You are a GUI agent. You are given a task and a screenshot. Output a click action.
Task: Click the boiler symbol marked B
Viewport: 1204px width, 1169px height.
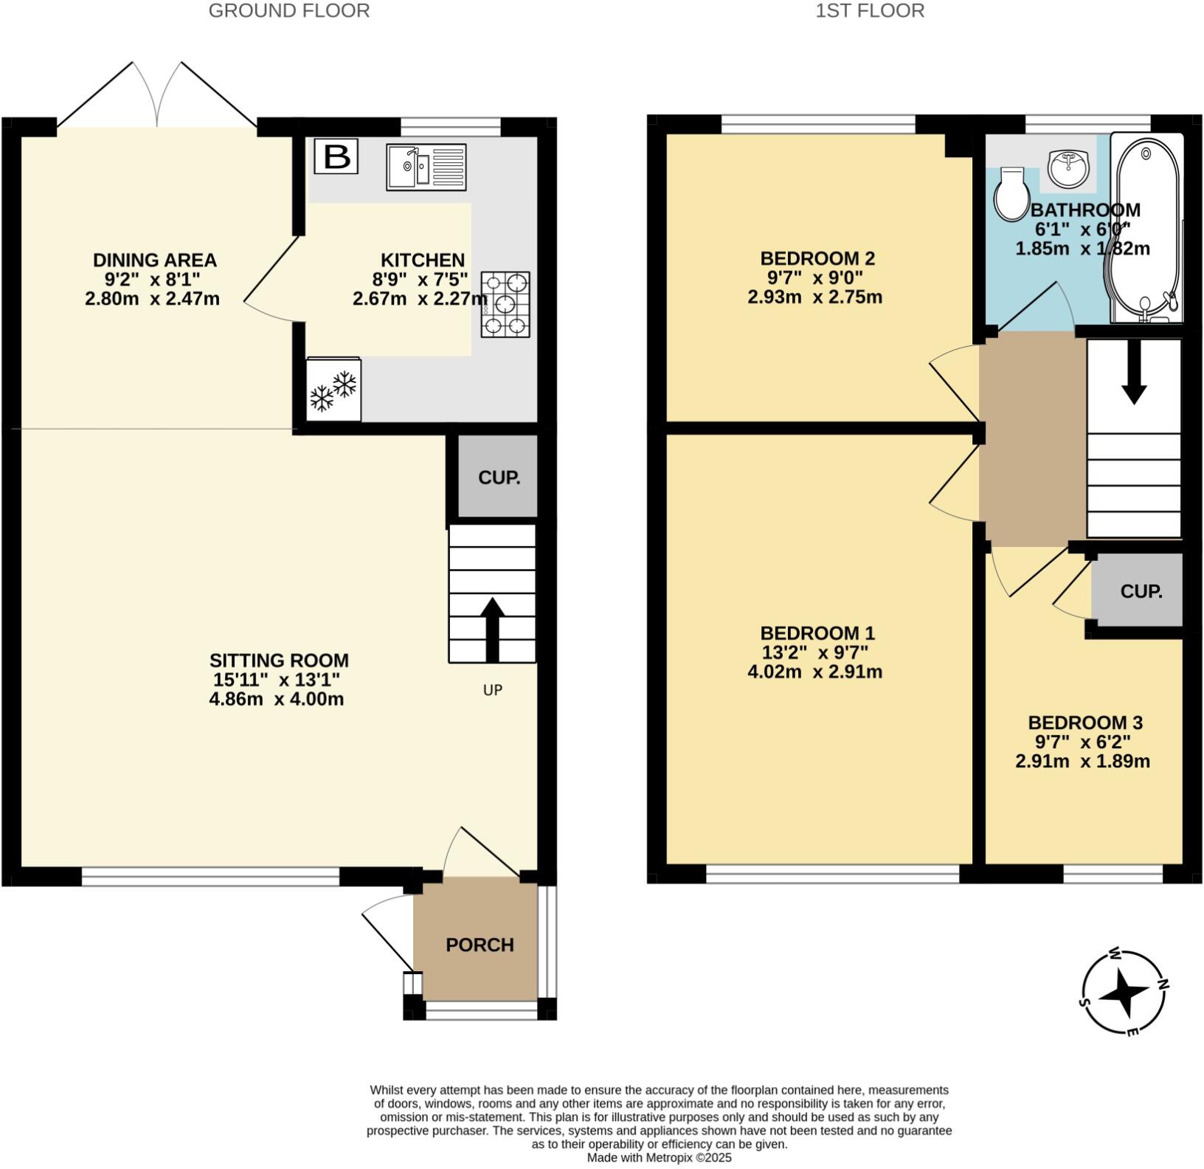336,156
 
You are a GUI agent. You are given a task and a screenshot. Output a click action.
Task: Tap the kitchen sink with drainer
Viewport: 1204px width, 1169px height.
426,168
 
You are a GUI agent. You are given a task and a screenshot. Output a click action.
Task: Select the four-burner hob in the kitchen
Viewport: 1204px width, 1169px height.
505,304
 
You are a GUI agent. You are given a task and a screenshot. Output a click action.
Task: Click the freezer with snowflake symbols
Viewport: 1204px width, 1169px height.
333,390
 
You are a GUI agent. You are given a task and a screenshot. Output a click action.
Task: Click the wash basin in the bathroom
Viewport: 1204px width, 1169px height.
1067,167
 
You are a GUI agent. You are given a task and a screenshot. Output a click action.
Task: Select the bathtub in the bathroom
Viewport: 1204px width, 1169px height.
1146,229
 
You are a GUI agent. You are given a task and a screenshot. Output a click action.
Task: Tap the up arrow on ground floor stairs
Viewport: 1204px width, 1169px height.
492,629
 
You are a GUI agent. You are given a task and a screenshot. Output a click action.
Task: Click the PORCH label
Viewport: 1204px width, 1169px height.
480,945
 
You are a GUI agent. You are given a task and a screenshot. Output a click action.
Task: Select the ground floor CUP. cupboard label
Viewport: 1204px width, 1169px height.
499,477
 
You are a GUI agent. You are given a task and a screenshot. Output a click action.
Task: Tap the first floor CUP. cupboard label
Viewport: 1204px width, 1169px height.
1141,591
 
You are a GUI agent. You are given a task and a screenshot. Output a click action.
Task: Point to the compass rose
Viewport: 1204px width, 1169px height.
1124,992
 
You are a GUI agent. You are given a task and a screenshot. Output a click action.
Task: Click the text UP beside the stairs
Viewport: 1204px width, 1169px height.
492,690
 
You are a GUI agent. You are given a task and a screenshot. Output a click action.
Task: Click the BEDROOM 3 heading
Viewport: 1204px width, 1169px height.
1084,723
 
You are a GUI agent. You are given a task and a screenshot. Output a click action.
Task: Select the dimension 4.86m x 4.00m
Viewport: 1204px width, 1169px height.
277,699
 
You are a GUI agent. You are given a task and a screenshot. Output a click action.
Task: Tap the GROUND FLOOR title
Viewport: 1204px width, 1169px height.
288,11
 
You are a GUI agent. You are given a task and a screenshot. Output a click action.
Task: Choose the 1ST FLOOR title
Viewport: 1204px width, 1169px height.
870,11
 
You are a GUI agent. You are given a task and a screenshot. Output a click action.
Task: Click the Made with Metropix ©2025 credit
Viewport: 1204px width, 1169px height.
659,1158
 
